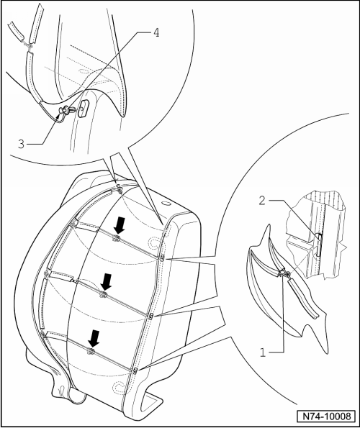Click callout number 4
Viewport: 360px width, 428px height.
[x=156, y=33]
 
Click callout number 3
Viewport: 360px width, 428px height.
[x=21, y=144]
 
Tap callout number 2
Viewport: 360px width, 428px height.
[x=262, y=201]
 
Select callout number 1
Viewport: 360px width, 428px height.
[x=263, y=352]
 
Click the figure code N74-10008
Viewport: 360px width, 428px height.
[x=326, y=416]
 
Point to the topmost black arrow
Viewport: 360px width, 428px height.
[x=120, y=226]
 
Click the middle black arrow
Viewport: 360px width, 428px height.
[x=106, y=283]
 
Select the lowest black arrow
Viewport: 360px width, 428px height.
[x=94, y=339]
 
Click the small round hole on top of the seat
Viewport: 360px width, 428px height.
[x=166, y=204]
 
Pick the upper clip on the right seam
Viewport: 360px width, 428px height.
[x=162, y=258]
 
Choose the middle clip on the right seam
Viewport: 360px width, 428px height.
[x=150, y=316]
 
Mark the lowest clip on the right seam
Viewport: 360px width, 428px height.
[x=135, y=370]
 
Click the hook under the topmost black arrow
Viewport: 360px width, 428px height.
[x=117, y=238]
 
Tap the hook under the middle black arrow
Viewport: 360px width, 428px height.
[x=103, y=294]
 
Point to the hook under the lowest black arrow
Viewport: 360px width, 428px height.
[x=91, y=352]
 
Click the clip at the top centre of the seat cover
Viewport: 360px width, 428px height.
[x=119, y=188]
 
